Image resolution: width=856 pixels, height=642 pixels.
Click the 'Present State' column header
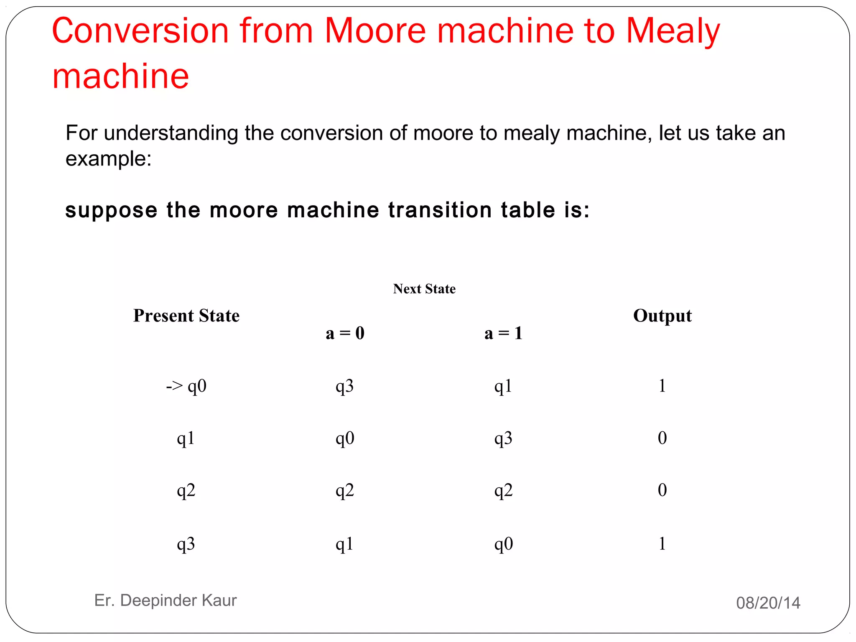coord(186,316)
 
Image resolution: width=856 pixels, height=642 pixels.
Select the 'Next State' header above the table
coord(424,289)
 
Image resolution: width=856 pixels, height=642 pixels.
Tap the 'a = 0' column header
coord(345,333)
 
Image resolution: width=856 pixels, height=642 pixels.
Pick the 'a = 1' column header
coord(503,333)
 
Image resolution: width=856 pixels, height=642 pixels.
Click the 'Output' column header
coord(662,316)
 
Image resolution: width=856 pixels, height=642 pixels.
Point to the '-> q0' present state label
coord(186,386)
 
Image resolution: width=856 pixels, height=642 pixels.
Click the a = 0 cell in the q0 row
coord(345,386)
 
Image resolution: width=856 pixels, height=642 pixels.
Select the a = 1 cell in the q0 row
coord(503,386)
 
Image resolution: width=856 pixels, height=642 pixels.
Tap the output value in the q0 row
coord(662,385)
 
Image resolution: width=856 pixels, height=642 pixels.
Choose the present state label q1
coord(186,438)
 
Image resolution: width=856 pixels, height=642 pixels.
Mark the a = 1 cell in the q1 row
coord(503,438)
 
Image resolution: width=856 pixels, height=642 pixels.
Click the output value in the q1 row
coord(662,438)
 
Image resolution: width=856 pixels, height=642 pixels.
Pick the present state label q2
coord(186,490)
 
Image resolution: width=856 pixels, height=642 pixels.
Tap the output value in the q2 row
coord(662,490)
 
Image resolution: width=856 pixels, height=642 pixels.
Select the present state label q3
coord(186,544)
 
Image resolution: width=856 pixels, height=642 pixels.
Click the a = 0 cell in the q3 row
coord(345,544)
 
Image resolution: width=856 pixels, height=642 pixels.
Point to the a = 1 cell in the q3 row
coord(503,544)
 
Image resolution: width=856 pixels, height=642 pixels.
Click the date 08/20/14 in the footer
coord(768,603)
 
